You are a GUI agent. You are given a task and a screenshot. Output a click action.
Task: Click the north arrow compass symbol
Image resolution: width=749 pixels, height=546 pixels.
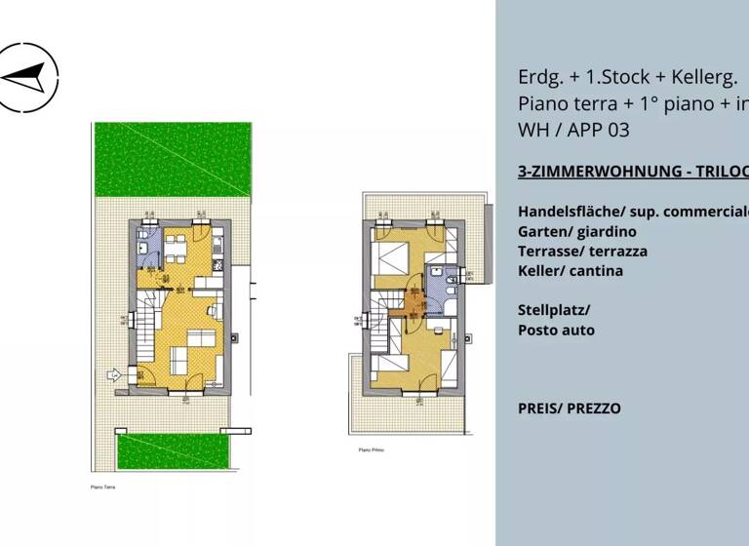(x=26, y=76)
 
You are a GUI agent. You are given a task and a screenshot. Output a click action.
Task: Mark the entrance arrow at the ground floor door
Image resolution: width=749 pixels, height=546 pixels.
(x=113, y=372)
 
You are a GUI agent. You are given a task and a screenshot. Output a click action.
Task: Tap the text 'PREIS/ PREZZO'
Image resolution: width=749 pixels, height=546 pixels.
(x=569, y=408)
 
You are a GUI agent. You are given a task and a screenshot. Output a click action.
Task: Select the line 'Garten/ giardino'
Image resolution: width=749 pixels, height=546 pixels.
(x=576, y=231)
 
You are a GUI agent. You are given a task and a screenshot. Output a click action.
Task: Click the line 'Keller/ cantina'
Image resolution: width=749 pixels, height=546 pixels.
(x=571, y=270)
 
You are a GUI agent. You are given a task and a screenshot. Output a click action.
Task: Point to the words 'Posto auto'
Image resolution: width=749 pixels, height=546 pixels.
(x=556, y=330)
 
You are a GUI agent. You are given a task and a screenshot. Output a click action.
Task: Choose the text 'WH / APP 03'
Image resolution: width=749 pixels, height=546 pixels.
(x=575, y=129)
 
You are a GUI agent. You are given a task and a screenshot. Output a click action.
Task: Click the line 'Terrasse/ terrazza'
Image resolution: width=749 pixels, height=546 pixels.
(x=582, y=251)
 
